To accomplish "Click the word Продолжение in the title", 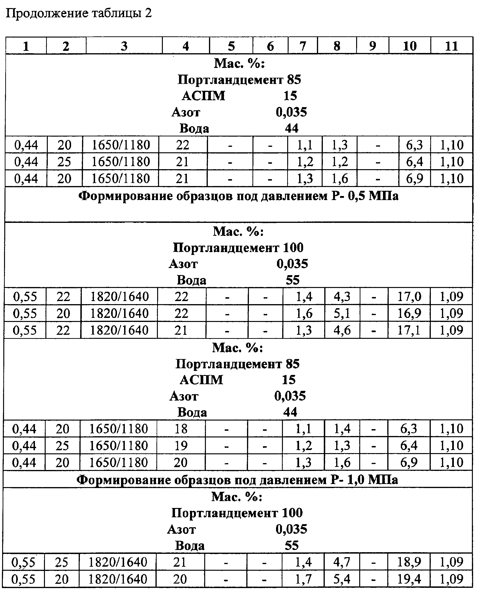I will pos(47,13).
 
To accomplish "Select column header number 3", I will pos(124,46).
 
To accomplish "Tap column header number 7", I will pos(303,46).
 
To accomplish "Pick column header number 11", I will pos(451,46).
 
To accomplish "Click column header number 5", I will pos(231,46).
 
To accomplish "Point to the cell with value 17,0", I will pos(409,297).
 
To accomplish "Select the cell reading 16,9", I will pos(409,313).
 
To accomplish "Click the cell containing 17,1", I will pos(409,330).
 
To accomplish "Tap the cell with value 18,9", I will pos(409,562).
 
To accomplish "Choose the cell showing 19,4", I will pos(409,579).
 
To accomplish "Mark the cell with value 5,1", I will pos(342,313).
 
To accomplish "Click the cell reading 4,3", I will pos(342,297).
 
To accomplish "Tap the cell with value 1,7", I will pos(303,579).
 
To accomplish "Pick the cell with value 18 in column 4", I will pos(181,429).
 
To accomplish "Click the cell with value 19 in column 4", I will pos(181,446).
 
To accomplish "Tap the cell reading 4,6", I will pos(342,330).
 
